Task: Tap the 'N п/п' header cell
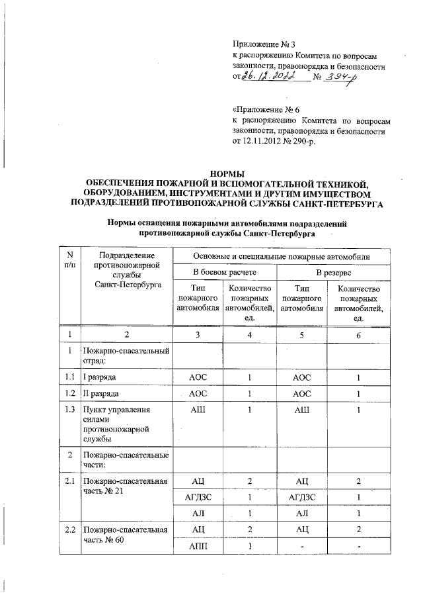coord(70,260)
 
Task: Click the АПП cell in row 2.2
coord(198,547)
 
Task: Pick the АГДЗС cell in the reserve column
coord(302,497)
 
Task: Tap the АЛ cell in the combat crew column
coord(198,514)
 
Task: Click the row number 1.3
coord(70,411)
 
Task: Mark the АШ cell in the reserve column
coord(302,411)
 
